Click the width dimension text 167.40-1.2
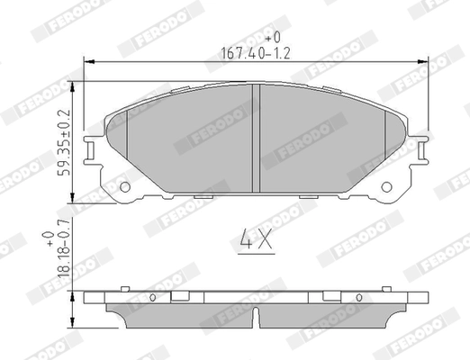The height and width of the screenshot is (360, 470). click(x=255, y=52)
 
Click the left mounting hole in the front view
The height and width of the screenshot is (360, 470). click(x=125, y=187)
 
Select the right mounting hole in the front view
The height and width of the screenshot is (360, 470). click(x=388, y=187)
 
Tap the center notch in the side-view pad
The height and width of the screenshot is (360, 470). click(x=258, y=317)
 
